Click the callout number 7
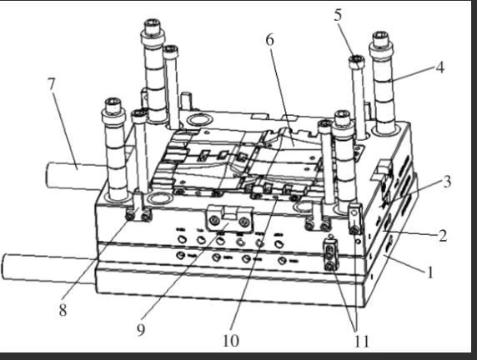point(52,83)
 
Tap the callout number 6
point(270,39)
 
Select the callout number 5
point(338,15)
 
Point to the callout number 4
point(439,67)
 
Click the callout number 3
point(447,182)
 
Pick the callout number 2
point(443,236)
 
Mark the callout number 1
point(429,272)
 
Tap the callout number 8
point(63,310)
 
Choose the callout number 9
point(141,330)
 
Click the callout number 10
point(231,341)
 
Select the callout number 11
point(362,342)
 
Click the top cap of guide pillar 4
point(381,37)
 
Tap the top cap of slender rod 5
point(357,61)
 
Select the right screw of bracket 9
point(244,222)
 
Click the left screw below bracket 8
point(130,216)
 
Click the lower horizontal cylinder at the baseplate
point(48,267)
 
